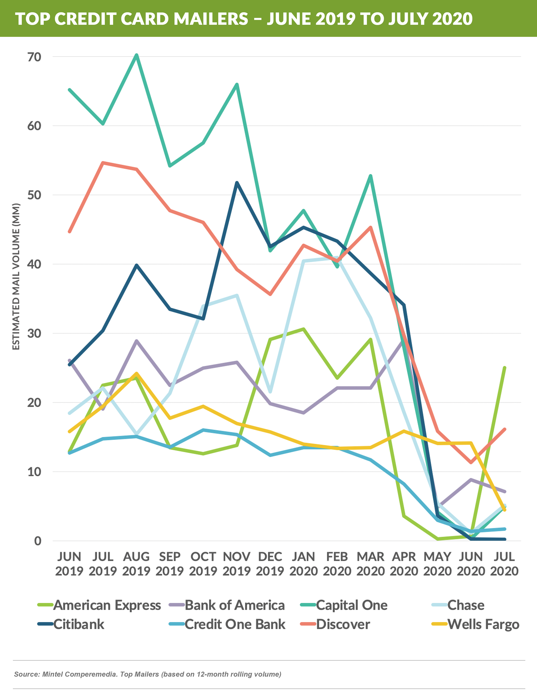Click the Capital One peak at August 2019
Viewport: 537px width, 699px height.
coord(136,55)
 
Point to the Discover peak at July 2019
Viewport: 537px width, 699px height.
coord(103,163)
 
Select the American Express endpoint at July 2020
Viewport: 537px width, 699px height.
coord(504,368)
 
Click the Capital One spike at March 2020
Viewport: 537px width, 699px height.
coord(370,176)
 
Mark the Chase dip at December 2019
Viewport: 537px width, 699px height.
coord(271,392)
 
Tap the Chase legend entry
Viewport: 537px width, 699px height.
coord(465,605)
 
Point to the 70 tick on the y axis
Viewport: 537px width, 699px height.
coord(34,57)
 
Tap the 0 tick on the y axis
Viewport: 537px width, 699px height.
coord(38,541)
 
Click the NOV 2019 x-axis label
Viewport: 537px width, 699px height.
coord(236,564)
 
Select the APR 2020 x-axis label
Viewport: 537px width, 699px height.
coord(404,564)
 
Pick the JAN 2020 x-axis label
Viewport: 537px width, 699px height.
coord(304,564)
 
